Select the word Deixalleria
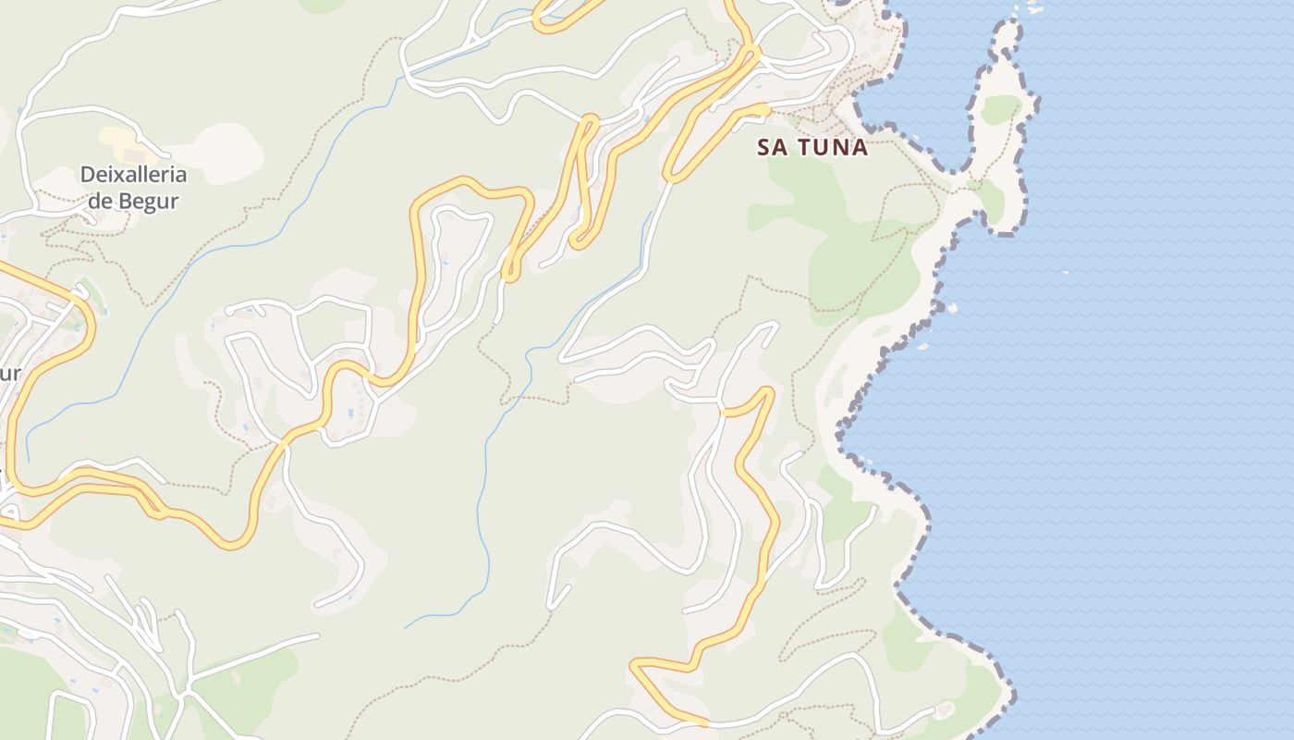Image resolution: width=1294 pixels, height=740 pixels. (133, 175)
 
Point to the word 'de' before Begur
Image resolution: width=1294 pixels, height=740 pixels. (101, 200)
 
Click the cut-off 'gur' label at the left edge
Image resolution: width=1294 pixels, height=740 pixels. (9, 375)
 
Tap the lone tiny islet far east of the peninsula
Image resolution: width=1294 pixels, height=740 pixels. (1065, 272)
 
